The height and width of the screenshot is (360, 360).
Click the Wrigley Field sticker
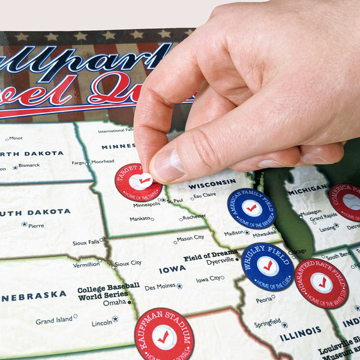tap(268, 266)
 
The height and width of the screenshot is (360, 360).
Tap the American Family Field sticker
tap(251, 208)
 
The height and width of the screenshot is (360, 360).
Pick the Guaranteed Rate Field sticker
tap(322, 283)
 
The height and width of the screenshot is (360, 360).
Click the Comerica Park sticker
tap(348, 202)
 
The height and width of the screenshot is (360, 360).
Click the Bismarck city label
tap(29, 165)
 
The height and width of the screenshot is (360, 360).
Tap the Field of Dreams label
tap(209, 257)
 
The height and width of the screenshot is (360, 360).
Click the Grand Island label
tap(53, 321)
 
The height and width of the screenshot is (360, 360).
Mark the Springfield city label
tap(267, 323)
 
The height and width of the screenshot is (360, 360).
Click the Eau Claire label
tap(205, 196)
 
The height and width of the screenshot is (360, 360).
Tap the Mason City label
tap(190, 238)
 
